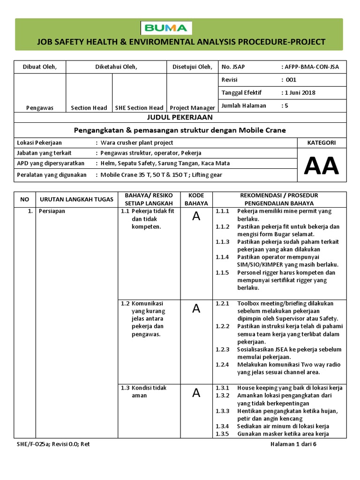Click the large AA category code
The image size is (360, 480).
321,165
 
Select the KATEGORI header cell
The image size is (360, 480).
321,142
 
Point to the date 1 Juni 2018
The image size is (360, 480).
299,92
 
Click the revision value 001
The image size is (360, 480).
291,80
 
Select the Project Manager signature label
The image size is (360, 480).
192,108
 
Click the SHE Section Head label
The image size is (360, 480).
139,108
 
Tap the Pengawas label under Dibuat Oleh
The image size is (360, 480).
40,108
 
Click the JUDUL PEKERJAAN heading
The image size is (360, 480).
180,117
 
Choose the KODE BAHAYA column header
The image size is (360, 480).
196,199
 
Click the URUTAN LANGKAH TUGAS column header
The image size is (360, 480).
76,199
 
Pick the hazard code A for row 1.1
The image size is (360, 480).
196,216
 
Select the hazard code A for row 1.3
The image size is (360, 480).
196,393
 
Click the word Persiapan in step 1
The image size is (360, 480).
52,211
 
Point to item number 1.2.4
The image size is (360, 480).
222,365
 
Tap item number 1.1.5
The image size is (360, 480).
222,272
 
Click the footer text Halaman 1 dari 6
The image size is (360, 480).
294,444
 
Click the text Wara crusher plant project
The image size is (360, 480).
134,142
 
